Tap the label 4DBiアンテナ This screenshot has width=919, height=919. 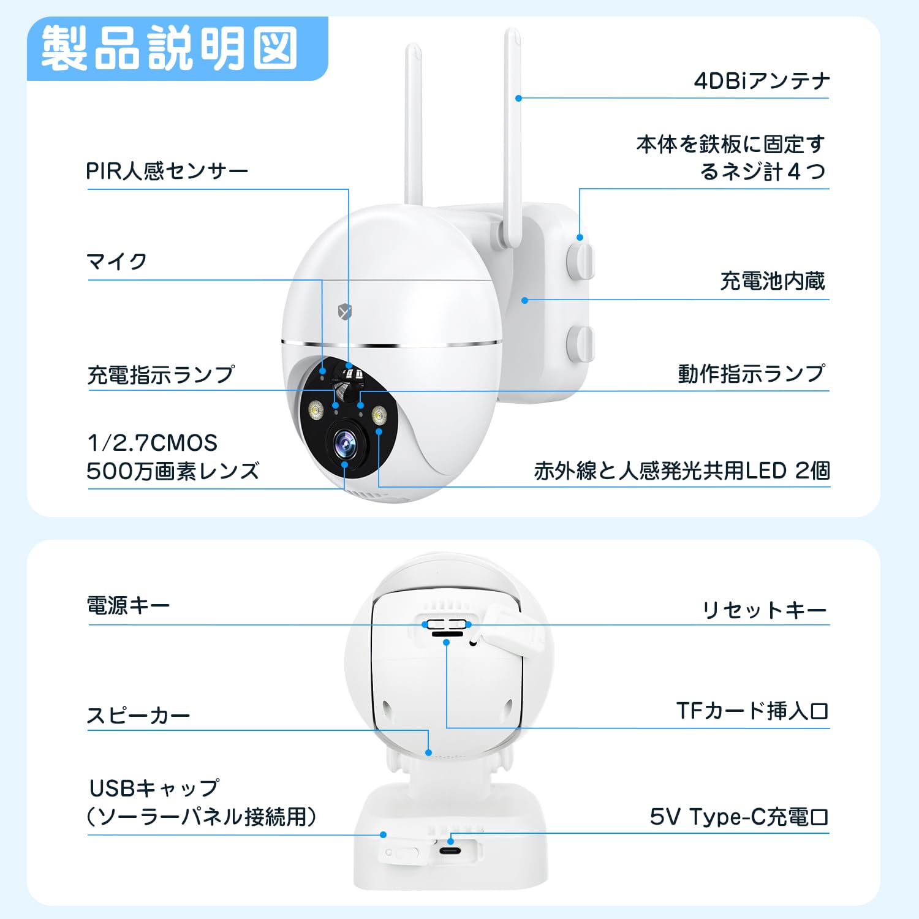[x=762, y=81]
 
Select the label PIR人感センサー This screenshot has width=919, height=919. [x=167, y=171]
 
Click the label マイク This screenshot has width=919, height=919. [x=117, y=262]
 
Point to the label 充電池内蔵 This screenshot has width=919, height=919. [x=773, y=281]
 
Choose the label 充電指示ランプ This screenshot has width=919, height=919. [x=161, y=374]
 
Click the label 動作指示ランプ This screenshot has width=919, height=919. [x=752, y=373]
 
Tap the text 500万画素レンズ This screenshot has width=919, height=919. [x=173, y=471]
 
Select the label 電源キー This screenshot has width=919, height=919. [x=128, y=606]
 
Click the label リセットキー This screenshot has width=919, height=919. [x=765, y=610]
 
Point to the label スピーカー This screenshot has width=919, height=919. [x=138, y=716]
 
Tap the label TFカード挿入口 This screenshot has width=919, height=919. [x=752, y=711]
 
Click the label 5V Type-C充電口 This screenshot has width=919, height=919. [x=739, y=817]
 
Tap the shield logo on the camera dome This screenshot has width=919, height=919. [x=345, y=312]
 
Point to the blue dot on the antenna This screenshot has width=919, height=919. [x=518, y=98]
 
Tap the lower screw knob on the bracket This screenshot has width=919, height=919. [x=580, y=344]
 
